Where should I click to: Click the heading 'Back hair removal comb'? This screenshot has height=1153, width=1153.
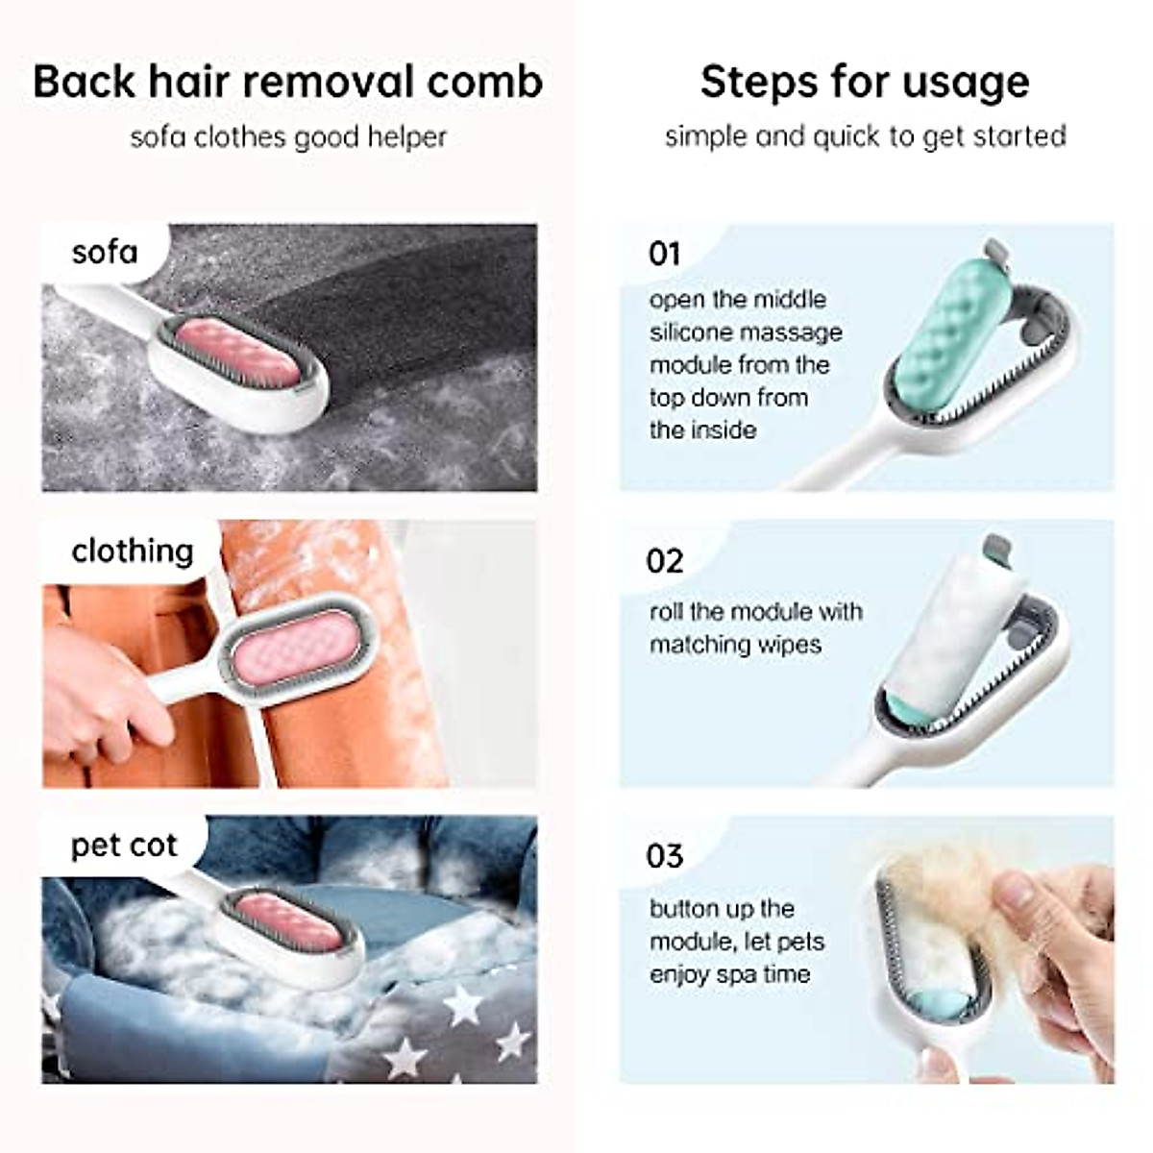(x=287, y=82)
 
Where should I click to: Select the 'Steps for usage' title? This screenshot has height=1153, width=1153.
(x=864, y=82)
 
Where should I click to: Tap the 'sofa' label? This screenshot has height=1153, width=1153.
(x=105, y=253)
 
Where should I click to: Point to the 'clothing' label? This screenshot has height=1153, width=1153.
(x=133, y=551)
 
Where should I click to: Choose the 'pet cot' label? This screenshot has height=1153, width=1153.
(x=124, y=846)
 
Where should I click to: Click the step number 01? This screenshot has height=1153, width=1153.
(x=665, y=254)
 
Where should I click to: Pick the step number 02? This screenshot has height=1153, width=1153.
(x=665, y=561)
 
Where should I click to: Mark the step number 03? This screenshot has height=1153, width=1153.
(x=665, y=855)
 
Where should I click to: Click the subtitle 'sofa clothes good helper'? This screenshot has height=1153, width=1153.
(x=288, y=136)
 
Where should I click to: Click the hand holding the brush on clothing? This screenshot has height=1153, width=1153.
(x=96, y=687)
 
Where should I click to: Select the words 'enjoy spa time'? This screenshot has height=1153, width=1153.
(x=729, y=974)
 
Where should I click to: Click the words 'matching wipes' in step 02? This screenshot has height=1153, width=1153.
(x=735, y=644)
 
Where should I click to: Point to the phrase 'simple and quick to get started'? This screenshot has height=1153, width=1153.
(x=865, y=136)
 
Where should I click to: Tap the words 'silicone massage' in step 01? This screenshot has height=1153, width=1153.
(x=746, y=332)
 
